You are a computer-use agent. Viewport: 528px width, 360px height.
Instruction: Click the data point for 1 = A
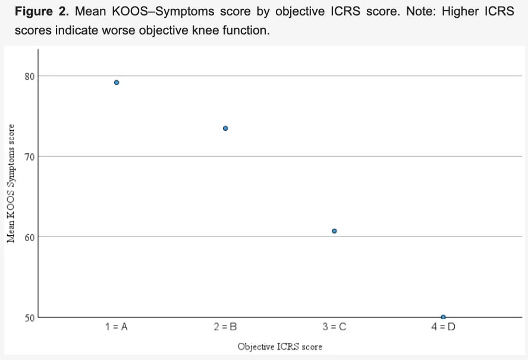click(x=117, y=83)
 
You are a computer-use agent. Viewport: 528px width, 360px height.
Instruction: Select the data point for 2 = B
click(x=225, y=128)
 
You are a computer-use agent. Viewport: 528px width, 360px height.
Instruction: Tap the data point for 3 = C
click(x=334, y=231)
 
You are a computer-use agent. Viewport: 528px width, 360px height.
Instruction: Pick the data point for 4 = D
click(x=443, y=317)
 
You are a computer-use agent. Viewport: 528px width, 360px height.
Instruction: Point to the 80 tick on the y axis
click(x=30, y=77)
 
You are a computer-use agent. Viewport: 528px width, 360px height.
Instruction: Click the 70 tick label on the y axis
click(x=30, y=157)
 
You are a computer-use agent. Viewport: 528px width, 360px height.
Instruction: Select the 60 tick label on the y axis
click(x=30, y=237)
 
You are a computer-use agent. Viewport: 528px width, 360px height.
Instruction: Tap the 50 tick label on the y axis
click(x=30, y=318)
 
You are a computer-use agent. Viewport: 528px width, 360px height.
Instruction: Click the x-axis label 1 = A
click(x=116, y=327)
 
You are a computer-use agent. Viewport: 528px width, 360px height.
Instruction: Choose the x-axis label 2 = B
click(x=225, y=327)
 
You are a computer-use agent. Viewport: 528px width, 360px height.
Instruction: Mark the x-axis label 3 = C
click(x=334, y=327)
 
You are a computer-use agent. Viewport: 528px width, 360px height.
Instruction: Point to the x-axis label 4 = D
click(x=443, y=327)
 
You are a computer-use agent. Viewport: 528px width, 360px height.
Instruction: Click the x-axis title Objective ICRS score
click(x=280, y=346)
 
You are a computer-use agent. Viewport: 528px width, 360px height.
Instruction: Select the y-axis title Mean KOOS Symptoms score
click(x=11, y=184)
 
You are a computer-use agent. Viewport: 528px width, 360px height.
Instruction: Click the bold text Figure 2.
click(x=42, y=11)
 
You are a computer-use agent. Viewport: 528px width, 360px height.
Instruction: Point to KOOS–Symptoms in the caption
click(x=163, y=12)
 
